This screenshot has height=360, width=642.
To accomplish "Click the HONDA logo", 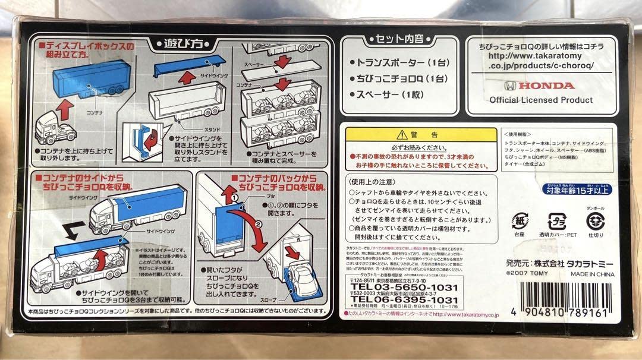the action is click(x=539, y=85).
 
